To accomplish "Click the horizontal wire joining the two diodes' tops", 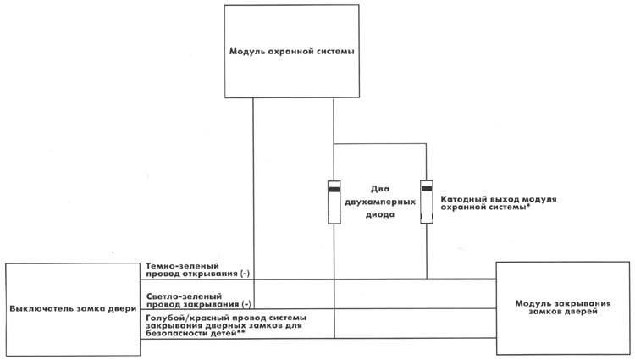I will (380, 144).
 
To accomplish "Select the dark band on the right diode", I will (427, 188).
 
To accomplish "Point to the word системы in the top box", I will (332, 51).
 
